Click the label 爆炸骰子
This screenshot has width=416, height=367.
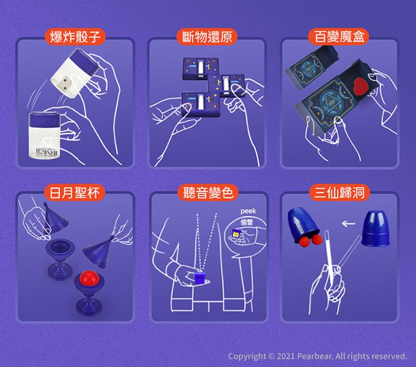(75, 36)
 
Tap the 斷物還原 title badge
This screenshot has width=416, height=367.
(207, 36)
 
